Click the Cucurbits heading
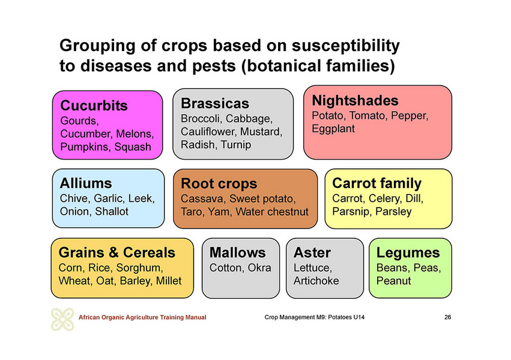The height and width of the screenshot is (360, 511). tap(94, 106)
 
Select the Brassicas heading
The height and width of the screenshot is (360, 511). tap(215, 104)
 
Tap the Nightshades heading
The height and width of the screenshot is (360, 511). tap(355, 100)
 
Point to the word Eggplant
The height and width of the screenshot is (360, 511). tap(333, 129)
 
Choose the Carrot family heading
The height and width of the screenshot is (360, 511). tap(376, 183)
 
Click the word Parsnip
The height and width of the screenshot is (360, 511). tap(351, 212)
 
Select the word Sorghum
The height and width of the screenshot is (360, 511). tap(139, 268)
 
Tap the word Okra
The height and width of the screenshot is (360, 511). tap(259, 268)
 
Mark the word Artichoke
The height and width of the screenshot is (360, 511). tap(316, 281)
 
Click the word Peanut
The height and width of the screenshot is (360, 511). tap(393, 281)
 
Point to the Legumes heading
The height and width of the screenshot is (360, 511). tap(408, 253)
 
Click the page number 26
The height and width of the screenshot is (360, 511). tap(447, 317)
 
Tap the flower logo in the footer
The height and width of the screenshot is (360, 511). tap(62, 319)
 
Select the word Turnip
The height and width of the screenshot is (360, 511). tap(235, 145)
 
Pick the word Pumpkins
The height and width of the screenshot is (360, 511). tap(86, 147)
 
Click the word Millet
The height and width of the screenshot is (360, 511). tap(169, 281)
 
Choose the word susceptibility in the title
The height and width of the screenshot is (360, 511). tap(345, 46)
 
